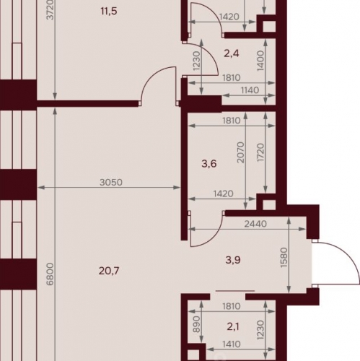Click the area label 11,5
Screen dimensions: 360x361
109,11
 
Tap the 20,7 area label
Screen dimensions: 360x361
109,271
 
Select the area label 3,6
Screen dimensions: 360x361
209,164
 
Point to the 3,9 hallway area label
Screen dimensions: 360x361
233,260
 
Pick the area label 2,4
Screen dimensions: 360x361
232,53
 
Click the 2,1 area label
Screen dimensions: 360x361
233,327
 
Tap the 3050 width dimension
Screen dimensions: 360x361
111,182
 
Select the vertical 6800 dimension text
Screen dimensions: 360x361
50,274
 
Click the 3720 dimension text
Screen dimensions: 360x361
51,9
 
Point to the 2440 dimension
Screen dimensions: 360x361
255,224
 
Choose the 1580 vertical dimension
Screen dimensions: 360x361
284,257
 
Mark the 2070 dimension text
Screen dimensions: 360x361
240,152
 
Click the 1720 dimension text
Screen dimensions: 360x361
260,152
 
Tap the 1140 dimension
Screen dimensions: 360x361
250,90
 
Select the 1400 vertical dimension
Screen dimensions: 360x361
260,61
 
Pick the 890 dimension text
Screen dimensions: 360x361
197,324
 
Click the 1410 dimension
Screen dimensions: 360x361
231,344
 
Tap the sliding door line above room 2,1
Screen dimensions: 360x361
235,291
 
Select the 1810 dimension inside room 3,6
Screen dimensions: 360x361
232,121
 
